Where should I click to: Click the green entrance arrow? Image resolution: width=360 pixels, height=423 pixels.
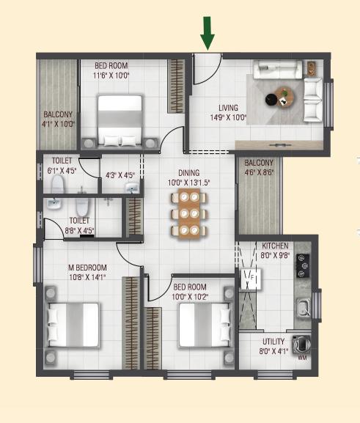point(207,33)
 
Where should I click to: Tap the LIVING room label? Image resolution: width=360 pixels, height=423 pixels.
point(228,108)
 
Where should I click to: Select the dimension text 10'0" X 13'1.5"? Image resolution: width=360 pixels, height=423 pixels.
point(188,183)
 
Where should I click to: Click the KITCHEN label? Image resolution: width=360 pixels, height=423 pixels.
point(275,246)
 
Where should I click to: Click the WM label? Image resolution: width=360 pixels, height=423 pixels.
point(302,358)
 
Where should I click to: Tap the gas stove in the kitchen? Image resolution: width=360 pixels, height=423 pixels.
point(303,265)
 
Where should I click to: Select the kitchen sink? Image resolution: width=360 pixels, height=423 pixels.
point(304,308)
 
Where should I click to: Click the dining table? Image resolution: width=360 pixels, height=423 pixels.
point(189,213)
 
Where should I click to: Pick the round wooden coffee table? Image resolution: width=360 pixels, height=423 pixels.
point(284,97)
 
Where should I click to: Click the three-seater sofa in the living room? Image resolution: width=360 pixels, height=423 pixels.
point(278,70)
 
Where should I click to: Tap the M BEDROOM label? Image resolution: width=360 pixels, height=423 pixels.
point(87,268)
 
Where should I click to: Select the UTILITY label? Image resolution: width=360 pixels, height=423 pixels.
point(273,342)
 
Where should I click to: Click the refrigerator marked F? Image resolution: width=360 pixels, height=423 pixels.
point(251,279)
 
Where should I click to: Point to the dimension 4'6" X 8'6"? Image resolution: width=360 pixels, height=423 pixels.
point(259,172)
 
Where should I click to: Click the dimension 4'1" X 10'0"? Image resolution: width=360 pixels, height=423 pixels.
point(58,124)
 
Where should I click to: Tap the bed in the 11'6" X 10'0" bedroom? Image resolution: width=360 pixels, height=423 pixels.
point(120,121)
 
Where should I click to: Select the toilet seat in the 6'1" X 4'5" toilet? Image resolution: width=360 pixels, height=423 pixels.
point(58,184)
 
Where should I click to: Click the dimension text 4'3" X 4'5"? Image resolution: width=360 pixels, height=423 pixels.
point(120,175)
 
